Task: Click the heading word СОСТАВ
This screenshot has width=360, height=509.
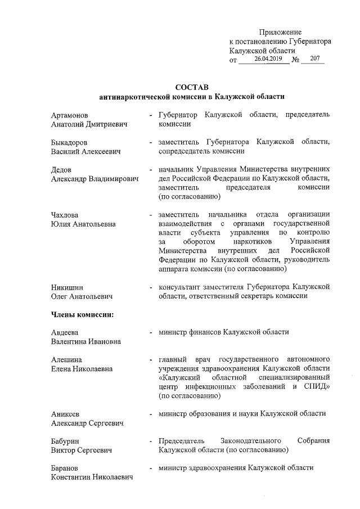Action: point(191,87)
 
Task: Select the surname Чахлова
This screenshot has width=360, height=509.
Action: point(65,215)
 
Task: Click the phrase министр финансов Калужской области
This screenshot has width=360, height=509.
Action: point(223,332)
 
